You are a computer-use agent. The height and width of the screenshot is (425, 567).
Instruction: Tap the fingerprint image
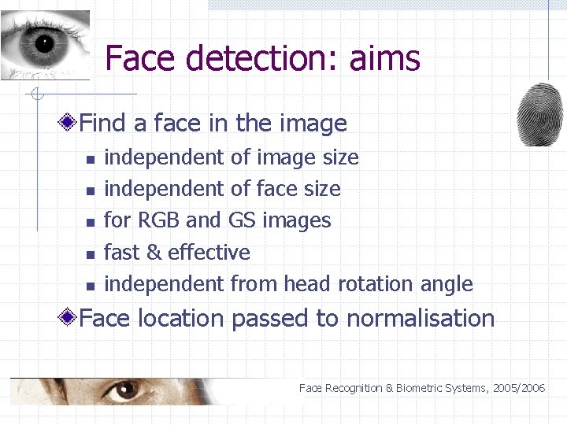tap(540, 113)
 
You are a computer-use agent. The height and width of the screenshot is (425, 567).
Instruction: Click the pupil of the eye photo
tap(43, 43)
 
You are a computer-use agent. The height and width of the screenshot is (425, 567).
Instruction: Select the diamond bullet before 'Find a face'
tap(70, 123)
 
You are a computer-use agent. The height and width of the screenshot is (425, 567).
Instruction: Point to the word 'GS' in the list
tap(243, 220)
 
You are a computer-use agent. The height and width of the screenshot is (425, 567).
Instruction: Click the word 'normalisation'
tap(421, 319)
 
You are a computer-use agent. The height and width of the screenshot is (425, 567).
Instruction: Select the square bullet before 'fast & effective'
tap(91, 254)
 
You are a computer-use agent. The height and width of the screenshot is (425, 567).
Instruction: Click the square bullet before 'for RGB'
tap(91, 223)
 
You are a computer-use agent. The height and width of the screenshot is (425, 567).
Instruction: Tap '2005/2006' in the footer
tap(521, 388)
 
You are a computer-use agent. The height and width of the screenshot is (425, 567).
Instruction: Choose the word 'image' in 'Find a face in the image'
tap(313, 124)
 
